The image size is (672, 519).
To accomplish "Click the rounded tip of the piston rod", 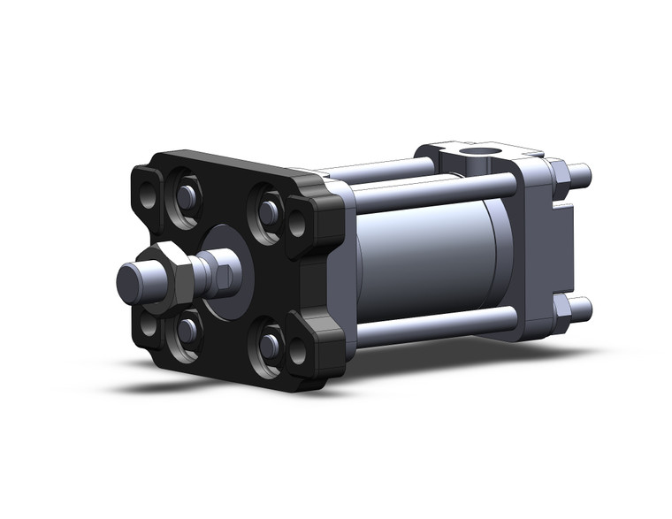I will coord(131,281).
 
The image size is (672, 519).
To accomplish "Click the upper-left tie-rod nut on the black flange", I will coord(187,195).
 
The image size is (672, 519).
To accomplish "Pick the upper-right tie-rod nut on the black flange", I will coord(269,212).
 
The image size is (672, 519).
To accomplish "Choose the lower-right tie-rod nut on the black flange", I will coord(270,346).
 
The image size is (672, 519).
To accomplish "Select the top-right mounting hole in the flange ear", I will coord(297,225).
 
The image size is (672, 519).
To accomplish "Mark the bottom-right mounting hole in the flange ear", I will coord(298,351).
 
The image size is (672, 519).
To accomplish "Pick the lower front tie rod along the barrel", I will coord(433,325).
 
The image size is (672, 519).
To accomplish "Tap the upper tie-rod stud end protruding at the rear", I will coord(580,173).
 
